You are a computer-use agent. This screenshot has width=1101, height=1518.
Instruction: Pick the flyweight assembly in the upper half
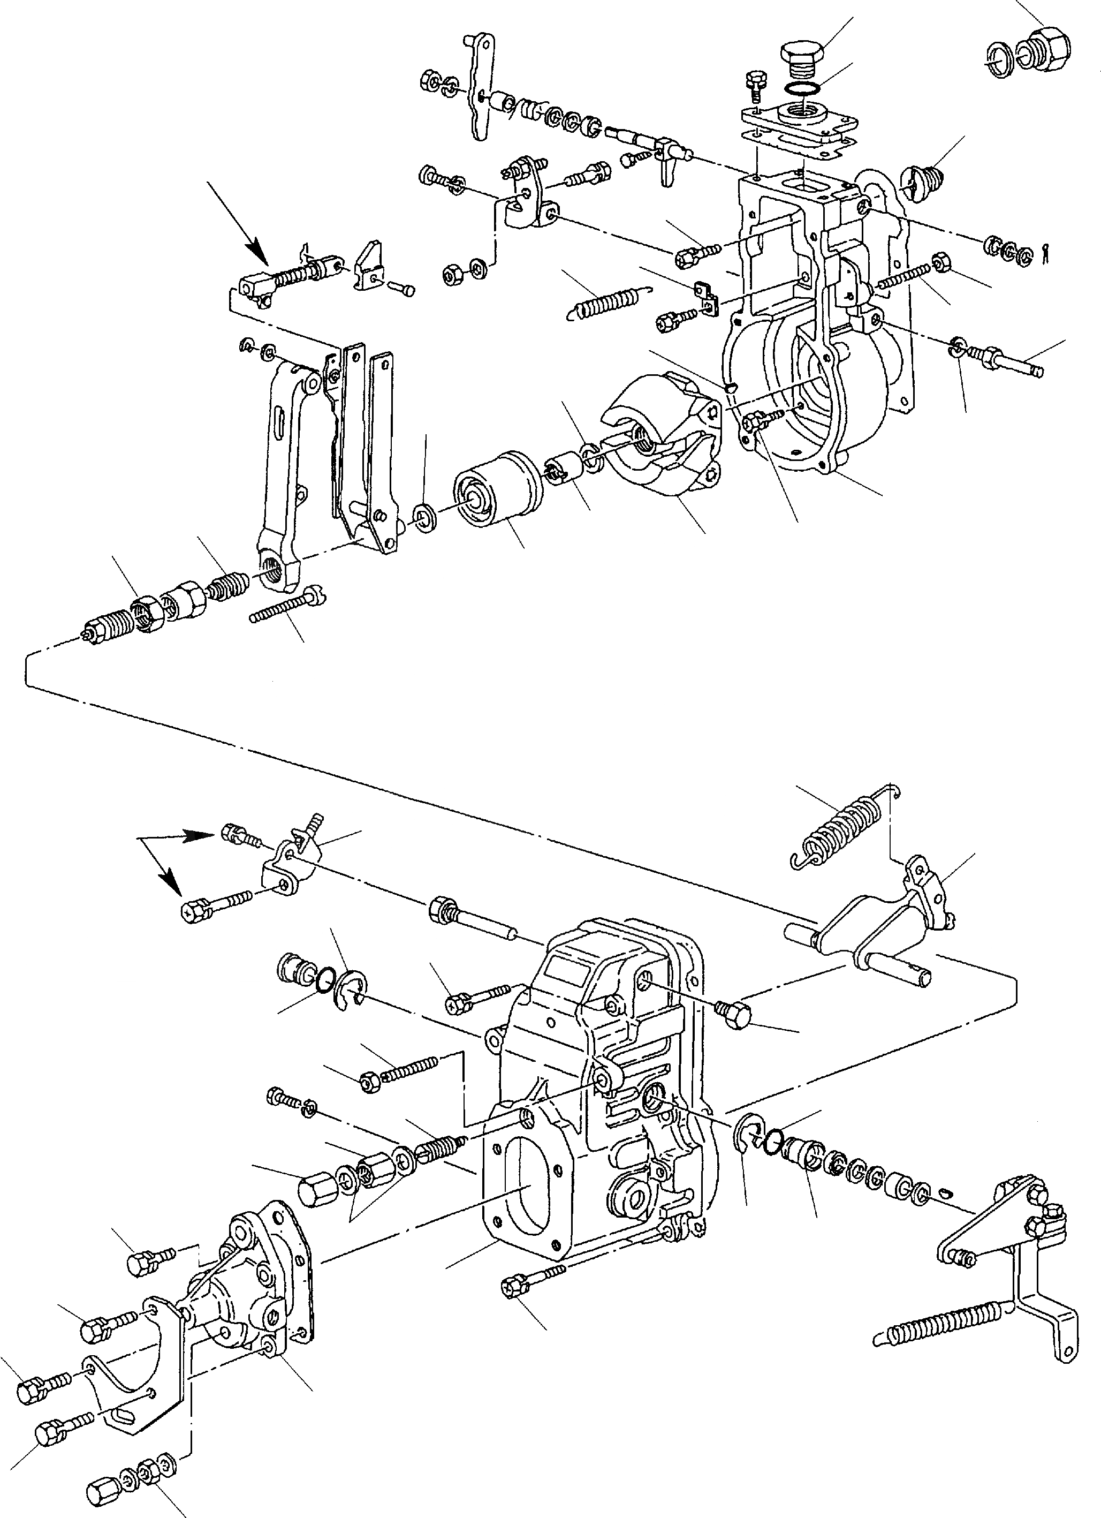click(x=662, y=435)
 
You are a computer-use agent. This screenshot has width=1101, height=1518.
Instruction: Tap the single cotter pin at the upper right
click(x=1046, y=251)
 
